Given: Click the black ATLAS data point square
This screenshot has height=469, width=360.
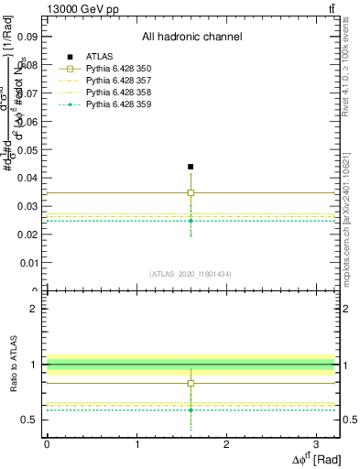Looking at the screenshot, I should (191, 167).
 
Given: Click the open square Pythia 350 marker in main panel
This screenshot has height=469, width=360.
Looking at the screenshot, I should (191, 193).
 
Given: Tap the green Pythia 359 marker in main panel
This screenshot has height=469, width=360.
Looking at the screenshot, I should (191, 221).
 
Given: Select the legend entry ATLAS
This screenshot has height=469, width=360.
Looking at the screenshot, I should (99, 57).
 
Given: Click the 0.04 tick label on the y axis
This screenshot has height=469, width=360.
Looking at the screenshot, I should (27, 178).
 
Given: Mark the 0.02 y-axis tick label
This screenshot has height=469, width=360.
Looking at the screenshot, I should (27, 234).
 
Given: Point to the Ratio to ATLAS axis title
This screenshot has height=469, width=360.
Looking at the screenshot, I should (13, 364).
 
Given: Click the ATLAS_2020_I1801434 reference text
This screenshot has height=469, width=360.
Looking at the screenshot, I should (191, 274).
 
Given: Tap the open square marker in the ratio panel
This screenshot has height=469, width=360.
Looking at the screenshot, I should (191, 384).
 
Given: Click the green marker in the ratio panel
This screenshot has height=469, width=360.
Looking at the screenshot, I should (191, 410).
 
